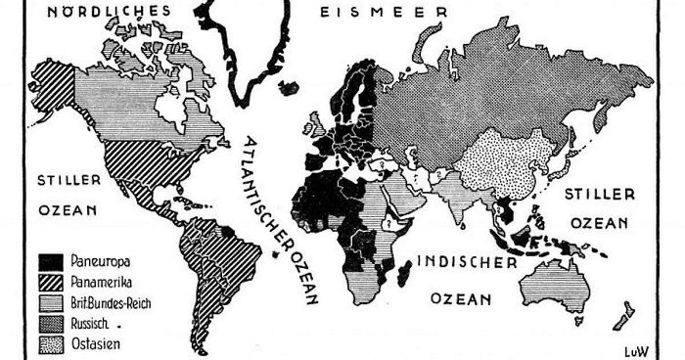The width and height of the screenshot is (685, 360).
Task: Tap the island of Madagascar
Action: pos(403,275)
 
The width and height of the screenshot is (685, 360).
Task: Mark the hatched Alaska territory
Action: pos(54,83)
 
